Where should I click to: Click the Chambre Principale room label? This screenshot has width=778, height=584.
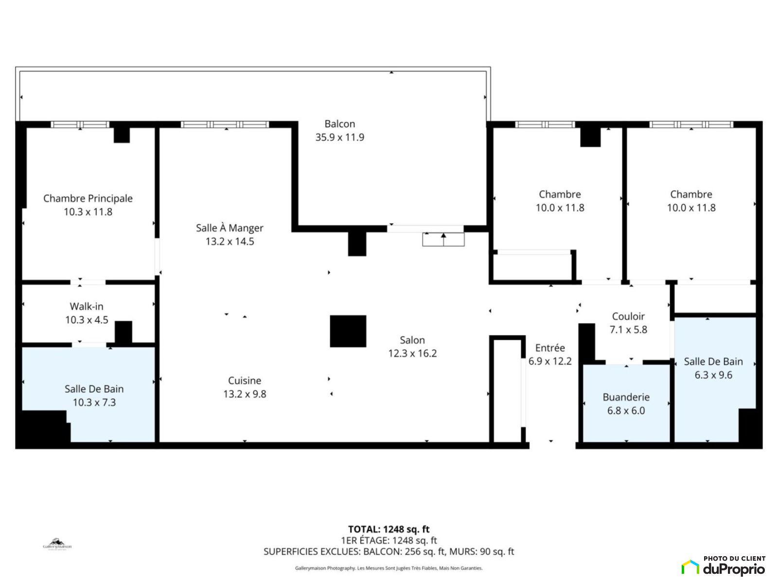click(88, 198)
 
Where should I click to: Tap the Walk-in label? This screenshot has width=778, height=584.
click(87, 307)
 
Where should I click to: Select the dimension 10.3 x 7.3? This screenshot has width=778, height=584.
click(94, 402)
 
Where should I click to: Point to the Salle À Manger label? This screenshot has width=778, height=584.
click(230, 228)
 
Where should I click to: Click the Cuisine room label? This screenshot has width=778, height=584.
click(245, 381)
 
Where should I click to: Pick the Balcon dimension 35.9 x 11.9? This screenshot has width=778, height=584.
click(340, 137)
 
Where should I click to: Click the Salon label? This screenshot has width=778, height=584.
click(412, 340)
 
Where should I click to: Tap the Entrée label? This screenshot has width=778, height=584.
click(550, 348)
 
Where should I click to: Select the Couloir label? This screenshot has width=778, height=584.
click(628, 316)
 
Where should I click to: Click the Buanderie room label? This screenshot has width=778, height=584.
click(626, 397)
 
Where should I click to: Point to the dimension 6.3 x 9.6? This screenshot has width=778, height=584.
click(713, 375)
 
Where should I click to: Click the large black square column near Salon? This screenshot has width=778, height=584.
click(348, 331)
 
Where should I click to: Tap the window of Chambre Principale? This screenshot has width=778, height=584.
click(80, 125)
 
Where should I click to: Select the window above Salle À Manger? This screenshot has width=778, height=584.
click(225, 125)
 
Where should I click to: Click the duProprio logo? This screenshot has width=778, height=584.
click(724, 566)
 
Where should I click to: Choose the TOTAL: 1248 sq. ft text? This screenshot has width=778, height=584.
click(389, 529)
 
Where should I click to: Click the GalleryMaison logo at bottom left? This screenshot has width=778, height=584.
click(57, 544)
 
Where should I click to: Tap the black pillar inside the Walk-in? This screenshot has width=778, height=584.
click(124, 332)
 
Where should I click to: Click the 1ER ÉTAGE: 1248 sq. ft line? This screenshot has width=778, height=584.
click(389, 540)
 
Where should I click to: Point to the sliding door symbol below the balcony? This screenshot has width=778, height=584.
click(443, 239)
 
